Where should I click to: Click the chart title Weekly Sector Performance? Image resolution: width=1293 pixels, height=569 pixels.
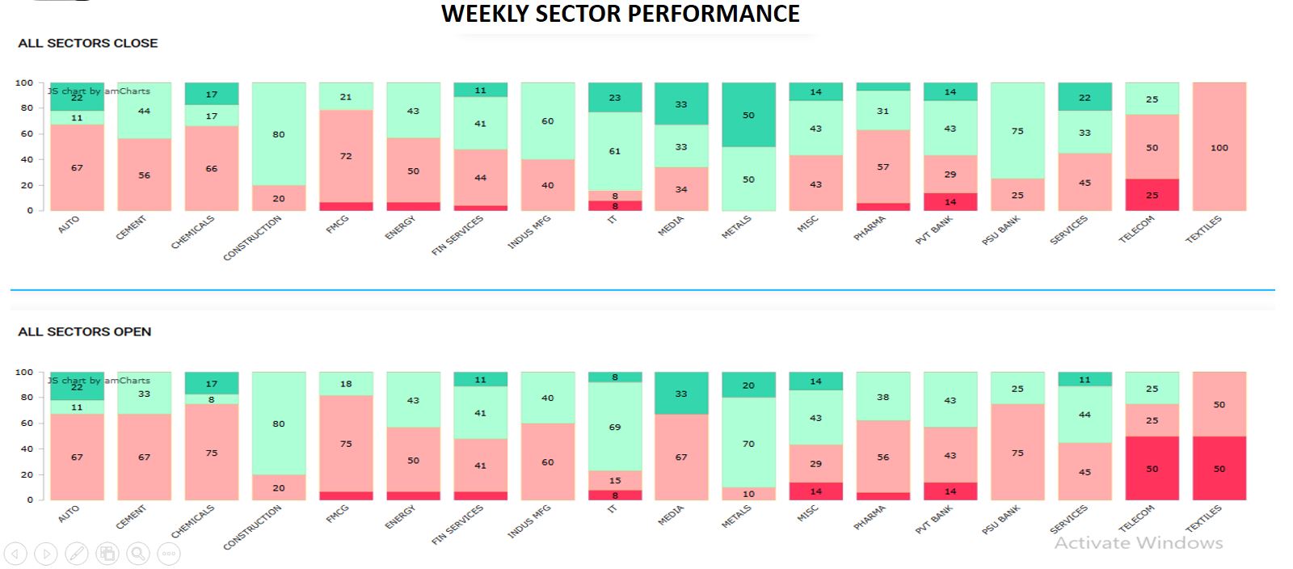(620, 14)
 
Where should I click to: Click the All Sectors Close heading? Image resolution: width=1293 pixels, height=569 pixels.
(87, 44)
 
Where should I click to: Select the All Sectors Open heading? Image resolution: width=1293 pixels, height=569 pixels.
(84, 332)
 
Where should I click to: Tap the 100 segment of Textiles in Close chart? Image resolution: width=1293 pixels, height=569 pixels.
(1219, 147)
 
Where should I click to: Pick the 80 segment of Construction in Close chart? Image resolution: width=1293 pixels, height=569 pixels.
(279, 134)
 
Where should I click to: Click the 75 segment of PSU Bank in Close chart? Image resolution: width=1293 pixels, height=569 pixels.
(1017, 131)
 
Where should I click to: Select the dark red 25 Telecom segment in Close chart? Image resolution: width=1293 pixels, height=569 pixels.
(1152, 195)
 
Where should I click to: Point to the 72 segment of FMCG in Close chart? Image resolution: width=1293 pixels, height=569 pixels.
(346, 156)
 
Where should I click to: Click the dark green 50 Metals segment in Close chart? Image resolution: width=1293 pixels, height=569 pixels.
(748, 115)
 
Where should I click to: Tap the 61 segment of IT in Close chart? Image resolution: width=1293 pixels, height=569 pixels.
(615, 151)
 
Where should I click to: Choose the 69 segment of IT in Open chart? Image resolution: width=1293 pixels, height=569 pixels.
(615, 427)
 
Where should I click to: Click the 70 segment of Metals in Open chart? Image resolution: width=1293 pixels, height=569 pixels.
(748, 443)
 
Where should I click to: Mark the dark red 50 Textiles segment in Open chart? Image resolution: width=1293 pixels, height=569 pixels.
(1219, 469)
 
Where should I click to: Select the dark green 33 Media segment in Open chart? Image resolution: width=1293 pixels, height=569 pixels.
(681, 394)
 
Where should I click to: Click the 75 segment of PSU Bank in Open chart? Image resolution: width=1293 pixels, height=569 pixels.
(1017, 453)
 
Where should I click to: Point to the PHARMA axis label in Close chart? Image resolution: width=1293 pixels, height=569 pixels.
(870, 229)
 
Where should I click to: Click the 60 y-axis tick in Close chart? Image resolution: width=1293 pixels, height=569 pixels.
(27, 134)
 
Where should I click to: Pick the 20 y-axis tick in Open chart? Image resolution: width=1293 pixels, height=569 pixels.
(27, 474)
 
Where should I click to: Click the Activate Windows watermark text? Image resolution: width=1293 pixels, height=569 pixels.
(1138, 543)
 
